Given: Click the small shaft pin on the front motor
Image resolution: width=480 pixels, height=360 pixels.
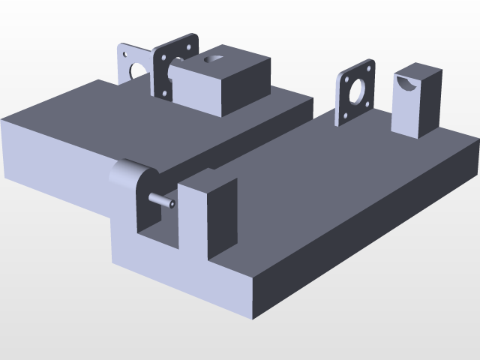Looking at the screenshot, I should click(x=162, y=200).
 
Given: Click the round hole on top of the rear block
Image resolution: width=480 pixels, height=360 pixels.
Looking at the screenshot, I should click(x=214, y=57).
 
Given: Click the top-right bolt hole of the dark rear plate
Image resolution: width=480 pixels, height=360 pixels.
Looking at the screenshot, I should click(x=193, y=41).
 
